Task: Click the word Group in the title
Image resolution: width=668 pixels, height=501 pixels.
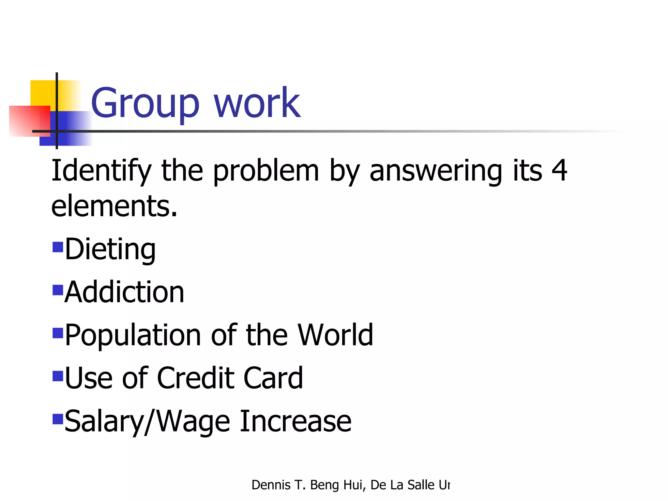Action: (145, 104)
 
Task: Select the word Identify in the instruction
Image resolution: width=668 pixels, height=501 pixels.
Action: (101, 171)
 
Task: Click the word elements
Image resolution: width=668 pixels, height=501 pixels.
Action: (114, 206)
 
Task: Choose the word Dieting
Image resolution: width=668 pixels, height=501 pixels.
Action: (110, 250)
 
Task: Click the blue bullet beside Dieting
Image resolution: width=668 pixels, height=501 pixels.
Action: (58, 247)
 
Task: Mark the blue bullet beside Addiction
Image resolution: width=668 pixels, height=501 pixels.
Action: (58, 290)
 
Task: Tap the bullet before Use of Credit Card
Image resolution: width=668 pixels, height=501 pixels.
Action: (58, 376)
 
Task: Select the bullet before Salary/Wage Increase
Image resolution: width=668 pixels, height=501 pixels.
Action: (58, 419)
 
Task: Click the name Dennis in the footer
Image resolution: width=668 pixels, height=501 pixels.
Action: (271, 485)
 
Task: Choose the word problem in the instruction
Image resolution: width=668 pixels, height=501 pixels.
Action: (266, 171)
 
